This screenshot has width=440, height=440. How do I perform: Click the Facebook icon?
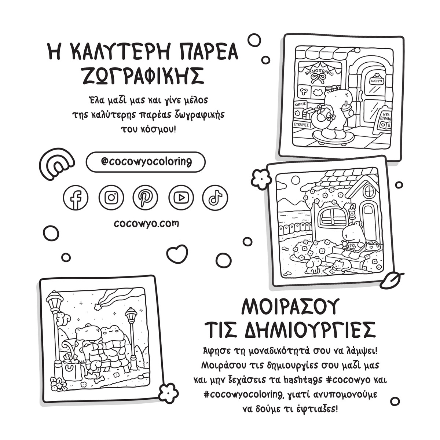point(76,198)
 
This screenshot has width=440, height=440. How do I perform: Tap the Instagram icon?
point(111,198)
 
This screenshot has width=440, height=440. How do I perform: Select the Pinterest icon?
point(145,198)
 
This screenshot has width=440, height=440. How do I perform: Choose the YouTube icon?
point(181,198)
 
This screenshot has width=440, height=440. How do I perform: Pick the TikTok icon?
point(215,198)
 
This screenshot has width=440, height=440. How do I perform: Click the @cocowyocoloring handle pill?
point(146,162)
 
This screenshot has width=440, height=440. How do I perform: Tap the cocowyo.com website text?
point(146,223)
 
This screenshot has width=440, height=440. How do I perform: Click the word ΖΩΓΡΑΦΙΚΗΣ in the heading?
point(143,76)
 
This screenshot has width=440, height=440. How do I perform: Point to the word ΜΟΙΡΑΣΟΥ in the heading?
point(289,307)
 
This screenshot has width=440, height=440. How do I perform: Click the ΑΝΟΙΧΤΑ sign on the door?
point(377,81)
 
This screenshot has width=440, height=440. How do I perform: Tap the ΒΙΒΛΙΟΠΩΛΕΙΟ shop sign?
point(319,71)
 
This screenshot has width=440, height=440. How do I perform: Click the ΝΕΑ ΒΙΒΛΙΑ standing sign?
point(384,121)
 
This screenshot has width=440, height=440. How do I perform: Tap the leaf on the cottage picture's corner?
point(392,279)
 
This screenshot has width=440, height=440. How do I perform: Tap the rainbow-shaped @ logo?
point(57,162)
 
